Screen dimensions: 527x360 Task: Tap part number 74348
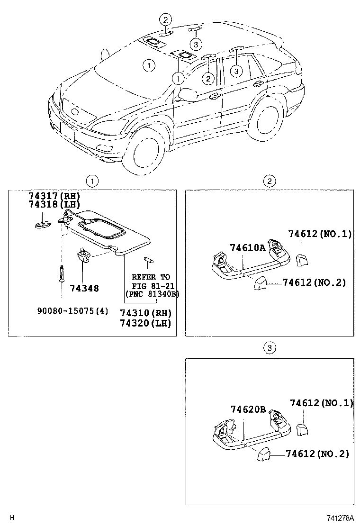click(x=84, y=288)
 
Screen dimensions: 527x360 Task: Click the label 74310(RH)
click(x=145, y=313)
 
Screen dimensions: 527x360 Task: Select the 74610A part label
click(x=248, y=247)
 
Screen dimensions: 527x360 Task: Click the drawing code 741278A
click(x=340, y=517)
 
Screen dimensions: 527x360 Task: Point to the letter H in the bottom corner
click(x=13, y=517)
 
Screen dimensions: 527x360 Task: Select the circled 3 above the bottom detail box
click(x=269, y=349)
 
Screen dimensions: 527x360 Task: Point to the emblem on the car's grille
click(x=75, y=112)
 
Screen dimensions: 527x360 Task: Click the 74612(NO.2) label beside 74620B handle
click(x=317, y=454)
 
